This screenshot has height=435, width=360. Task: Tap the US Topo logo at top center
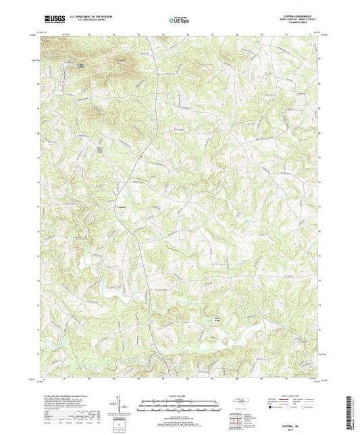[x=176, y=20]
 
